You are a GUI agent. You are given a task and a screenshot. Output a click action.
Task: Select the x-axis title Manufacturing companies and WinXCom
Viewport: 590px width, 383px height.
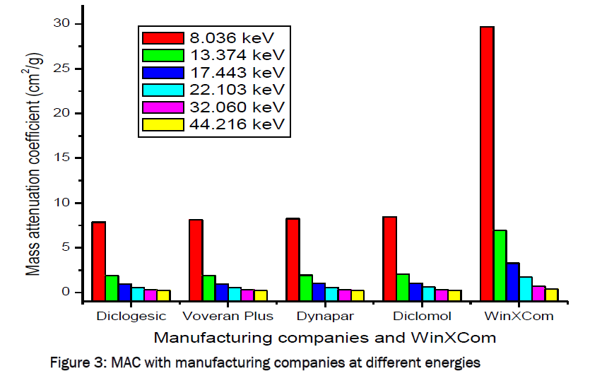click(x=325, y=338)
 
